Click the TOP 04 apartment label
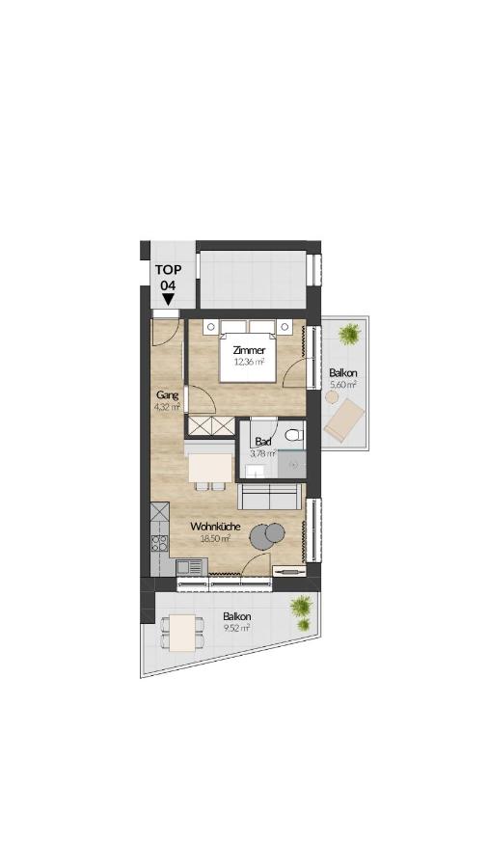pos(168,278)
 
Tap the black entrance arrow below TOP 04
pos(168,300)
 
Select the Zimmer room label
pos(249,350)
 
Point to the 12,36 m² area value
pos(248,362)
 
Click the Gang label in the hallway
pos(167,395)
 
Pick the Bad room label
pos(263,443)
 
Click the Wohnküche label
pos(215,527)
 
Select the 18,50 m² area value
pos(215,538)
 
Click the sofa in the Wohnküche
pos(271,497)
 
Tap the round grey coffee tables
pos(267,535)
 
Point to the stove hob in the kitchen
pos(160,543)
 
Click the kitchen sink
pos(189,567)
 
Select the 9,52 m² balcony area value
pos(237,627)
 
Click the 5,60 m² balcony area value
pos(343,384)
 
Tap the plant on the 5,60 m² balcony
pos(350,335)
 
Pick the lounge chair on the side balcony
pos(344,420)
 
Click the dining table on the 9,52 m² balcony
pos(182,633)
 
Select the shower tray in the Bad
pos(291,464)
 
